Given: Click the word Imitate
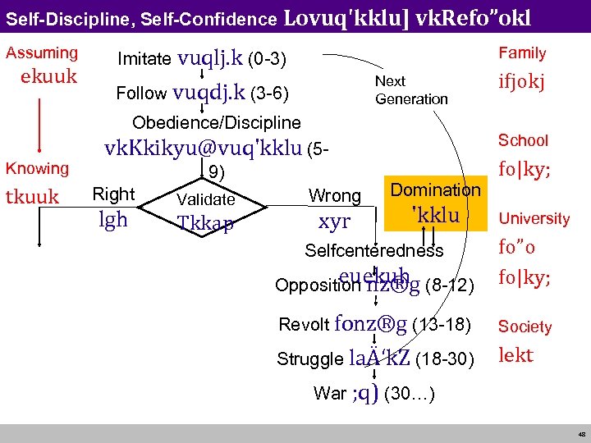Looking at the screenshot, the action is (144, 59).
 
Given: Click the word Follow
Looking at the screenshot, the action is (141, 94).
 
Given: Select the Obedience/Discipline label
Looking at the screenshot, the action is (217, 123).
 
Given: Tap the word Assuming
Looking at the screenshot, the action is (42, 53).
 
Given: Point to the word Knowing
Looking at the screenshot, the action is (38, 168).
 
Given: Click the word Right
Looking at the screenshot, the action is (113, 194).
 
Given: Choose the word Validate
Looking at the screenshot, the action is (206, 199).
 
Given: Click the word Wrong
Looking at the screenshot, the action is (334, 196).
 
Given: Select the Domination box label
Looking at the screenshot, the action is (436, 190).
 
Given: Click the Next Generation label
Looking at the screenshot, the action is (410, 90).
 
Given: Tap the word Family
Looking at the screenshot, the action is (522, 53).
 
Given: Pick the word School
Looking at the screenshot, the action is (523, 140).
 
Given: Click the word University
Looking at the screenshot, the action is (534, 218).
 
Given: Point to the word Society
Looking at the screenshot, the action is (525, 327).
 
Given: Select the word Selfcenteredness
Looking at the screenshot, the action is (373, 251).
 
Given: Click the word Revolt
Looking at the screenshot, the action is (304, 325).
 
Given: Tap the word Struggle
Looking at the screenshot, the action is (309, 359).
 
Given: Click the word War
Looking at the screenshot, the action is (329, 394).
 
